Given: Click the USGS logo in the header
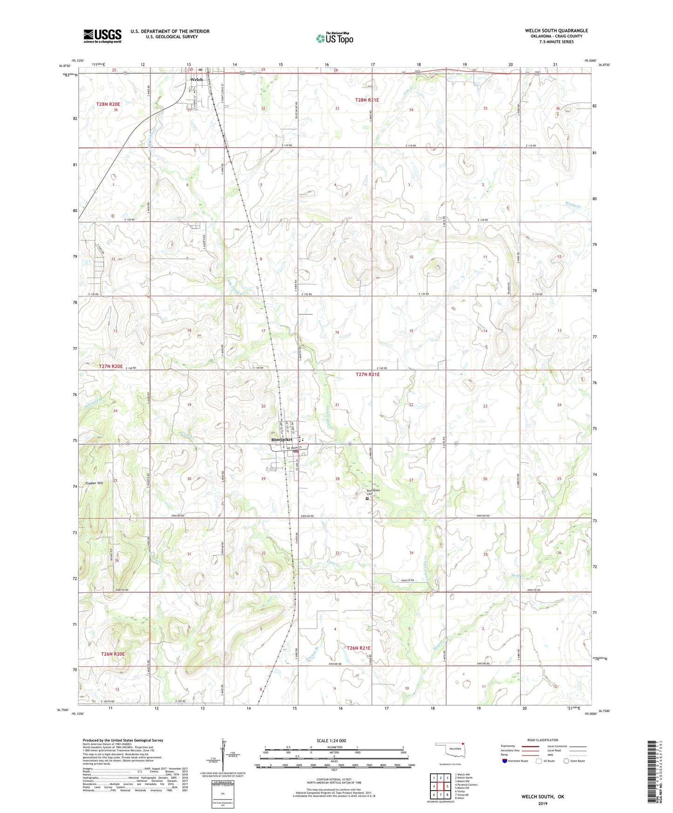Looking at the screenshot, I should click(102, 35).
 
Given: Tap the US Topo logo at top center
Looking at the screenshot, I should click(334, 38).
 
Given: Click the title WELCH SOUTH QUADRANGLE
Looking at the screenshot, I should click(556, 31).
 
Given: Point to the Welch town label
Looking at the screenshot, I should click(196, 80).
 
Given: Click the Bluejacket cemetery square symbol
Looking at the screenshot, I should click(367, 498).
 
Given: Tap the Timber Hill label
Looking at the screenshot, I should click(94, 483).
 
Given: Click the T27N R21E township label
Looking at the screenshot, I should click(367, 374).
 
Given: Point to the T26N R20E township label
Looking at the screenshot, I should click(113, 654).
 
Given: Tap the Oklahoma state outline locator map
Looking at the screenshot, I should click(449, 750).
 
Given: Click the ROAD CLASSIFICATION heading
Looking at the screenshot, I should click(543, 740).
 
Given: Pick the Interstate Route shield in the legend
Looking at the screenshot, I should click(505, 761).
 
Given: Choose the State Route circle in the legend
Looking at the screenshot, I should click(566, 761).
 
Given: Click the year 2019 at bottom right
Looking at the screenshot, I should click(543, 803).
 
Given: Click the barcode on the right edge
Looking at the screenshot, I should click(651, 771).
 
